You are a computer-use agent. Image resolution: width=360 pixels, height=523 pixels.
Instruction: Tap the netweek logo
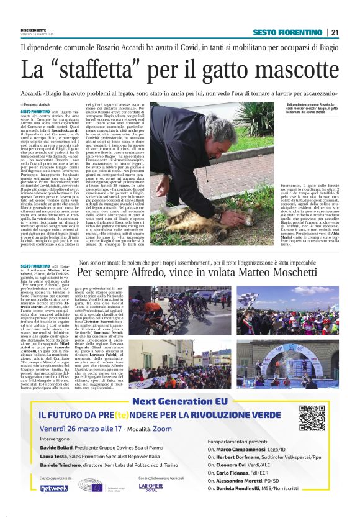click(53, 488)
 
